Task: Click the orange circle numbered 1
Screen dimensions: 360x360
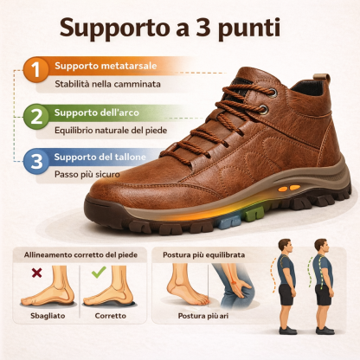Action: pyautogui.click(x=35, y=70)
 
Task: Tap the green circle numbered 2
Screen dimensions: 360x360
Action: pyautogui.click(x=35, y=116)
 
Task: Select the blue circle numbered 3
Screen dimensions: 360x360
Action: pyautogui.click(x=35, y=161)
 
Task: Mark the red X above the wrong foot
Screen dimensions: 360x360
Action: pyautogui.click(x=36, y=273)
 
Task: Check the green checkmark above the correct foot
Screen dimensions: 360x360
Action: pyautogui.click(x=98, y=273)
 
